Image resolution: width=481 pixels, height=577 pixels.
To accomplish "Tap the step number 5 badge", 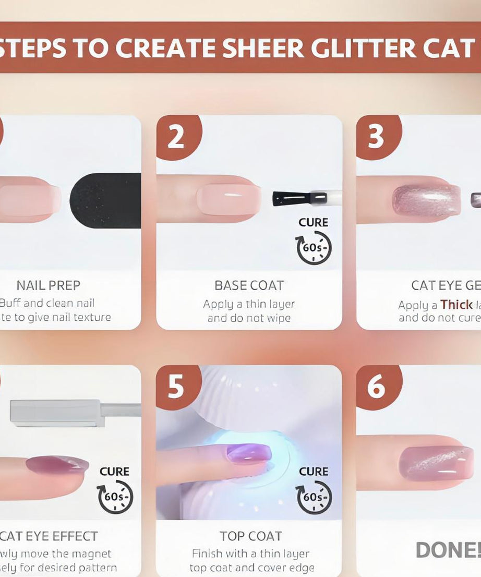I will [176, 387].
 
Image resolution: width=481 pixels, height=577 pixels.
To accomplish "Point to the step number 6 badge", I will [376, 387].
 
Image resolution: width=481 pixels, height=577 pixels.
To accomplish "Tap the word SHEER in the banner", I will [263, 48].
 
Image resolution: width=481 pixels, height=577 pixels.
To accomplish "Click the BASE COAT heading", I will [249, 285].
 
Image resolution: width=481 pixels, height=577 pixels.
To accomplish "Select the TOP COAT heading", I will [250, 536].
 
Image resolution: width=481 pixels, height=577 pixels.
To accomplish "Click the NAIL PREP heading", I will [49, 285].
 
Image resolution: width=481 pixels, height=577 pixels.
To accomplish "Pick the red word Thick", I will [456, 305].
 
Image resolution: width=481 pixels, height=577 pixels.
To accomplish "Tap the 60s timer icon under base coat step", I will [314, 247].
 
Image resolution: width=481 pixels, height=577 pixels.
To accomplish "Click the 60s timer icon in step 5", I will [314, 497].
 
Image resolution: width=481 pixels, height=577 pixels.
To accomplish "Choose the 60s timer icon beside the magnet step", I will [115, 497].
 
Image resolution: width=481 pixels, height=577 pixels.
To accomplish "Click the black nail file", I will [105, 200].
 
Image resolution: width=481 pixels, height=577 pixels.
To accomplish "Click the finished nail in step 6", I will [436, 463].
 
